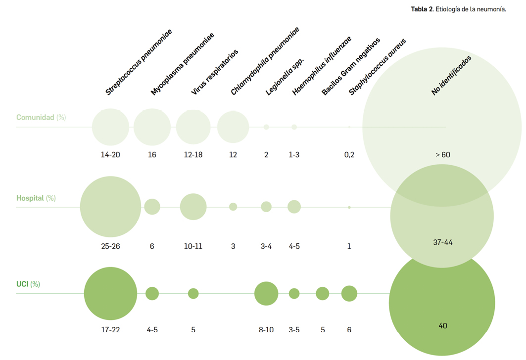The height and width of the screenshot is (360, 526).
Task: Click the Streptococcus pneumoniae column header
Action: click(139, 62)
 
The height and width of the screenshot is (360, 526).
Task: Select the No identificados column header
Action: click(451, 75)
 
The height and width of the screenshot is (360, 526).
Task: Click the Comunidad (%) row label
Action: click(41, 118)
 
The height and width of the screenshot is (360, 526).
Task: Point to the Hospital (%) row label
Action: click(36, 198)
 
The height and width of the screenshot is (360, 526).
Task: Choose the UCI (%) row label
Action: click(28, 284)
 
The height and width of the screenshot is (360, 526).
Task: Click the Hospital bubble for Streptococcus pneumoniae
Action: click(110, 207)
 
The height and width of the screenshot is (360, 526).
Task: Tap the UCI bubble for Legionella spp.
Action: click(266, 294)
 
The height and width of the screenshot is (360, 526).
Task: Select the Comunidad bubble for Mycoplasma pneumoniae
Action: click(152, 127)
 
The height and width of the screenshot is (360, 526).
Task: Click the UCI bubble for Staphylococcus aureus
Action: click(349, 293)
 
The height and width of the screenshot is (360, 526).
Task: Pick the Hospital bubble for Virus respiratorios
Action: click(193, 207)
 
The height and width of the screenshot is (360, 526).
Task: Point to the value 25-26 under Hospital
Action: click(110, 246)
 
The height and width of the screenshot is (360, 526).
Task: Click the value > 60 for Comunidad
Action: click(443, 155)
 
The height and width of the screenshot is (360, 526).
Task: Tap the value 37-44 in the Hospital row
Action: click(442, 242)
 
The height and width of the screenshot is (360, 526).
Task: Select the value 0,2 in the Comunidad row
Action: click(349, 155)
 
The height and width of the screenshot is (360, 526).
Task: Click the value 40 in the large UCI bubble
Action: click(443, 326)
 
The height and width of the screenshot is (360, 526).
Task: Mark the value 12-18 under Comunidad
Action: click(193, 155)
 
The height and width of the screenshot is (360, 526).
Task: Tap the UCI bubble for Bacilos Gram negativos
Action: click(323, 294)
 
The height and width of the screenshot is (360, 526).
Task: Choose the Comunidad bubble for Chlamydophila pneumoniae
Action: click(233, 127)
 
